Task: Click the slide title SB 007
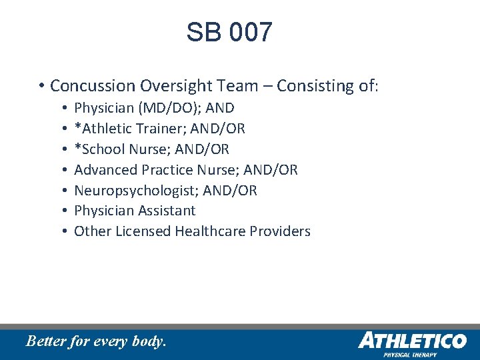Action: pyautogui.click(x=229, y=32)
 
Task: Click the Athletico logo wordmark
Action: pyautogui.click(x=412, y=341)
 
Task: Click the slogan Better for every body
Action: pyautogui.click(x=95, y=342)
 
